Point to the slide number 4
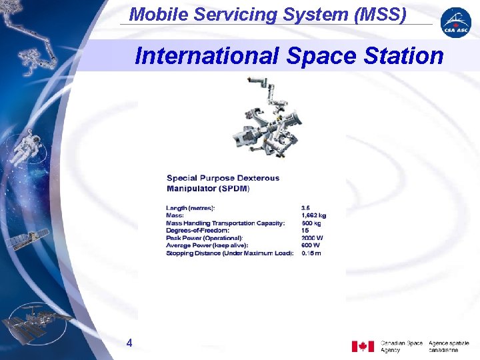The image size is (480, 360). (129, 343)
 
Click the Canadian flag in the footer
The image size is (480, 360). (363, 346)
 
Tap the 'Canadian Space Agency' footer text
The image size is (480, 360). (401, 346)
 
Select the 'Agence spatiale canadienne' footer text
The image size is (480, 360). (449, 346)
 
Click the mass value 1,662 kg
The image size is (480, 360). (314, 215)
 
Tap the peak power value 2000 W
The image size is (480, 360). (312, 237)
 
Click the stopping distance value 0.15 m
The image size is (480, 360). (311, 253)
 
